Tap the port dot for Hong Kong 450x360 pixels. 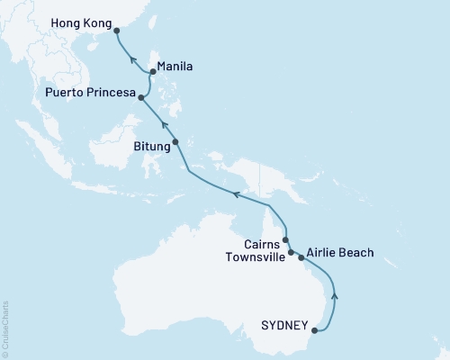116,30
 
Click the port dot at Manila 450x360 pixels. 153,74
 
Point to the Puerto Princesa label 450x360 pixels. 90,94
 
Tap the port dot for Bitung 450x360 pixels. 175,141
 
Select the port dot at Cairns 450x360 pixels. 285,240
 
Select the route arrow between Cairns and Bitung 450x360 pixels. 238,193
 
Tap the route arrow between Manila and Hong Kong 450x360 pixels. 131,59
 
